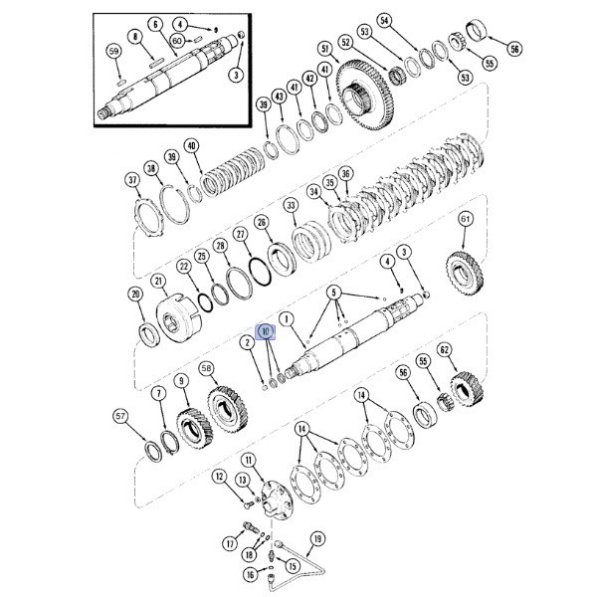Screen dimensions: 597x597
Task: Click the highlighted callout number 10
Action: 266,331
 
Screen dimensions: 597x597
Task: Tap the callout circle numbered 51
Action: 324,49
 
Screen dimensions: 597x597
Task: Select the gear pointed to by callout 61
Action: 465,272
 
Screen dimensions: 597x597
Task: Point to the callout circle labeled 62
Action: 445,349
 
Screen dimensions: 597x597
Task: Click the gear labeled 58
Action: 228,409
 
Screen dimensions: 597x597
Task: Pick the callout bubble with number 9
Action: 182,381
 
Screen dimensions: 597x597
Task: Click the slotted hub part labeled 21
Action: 179,317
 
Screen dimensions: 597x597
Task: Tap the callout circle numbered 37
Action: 132,180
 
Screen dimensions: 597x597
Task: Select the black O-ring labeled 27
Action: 260,271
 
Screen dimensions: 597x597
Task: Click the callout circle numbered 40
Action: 191,146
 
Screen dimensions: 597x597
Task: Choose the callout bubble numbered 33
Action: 291,206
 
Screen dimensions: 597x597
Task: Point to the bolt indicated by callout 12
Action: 248,504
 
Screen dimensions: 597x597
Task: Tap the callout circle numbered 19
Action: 317,539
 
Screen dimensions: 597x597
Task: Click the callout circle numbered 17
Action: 230,543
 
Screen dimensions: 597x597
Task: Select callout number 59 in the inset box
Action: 113,52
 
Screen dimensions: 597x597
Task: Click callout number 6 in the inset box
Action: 155,25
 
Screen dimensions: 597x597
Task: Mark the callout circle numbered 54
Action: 384,21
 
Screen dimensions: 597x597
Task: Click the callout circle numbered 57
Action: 120,416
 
